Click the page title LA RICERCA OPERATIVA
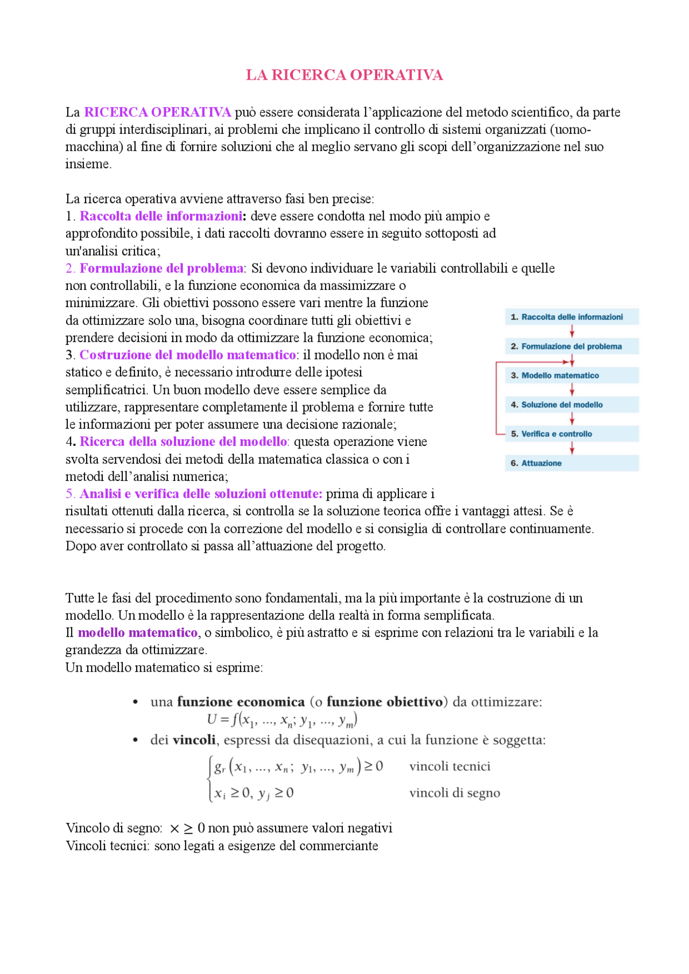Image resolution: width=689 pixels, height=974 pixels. click(344, 75)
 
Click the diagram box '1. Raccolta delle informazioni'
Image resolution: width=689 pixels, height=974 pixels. click(571, 317)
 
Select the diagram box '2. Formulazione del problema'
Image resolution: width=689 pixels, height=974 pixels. click(571, 346)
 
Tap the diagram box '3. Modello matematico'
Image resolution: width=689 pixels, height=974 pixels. click(571, 375)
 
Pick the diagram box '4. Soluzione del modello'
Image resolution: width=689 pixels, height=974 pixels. click(571, 404)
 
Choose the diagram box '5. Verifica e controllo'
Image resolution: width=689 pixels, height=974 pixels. click(571, 433)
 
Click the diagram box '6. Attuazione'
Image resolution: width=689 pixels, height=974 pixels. click(571, 463)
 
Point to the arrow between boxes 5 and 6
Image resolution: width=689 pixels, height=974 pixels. click(572, 448)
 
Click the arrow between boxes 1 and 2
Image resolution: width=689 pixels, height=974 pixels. click(572, 332)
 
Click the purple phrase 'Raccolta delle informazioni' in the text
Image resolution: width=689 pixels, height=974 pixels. click(161, 216)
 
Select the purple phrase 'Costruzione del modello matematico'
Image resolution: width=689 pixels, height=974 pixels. click(188, 355)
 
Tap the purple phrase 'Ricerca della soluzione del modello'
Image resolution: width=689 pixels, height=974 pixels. click(184, 442)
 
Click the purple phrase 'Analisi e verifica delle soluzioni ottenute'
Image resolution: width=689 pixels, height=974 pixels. click(201, 494)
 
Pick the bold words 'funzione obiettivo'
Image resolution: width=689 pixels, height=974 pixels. click(384, 702)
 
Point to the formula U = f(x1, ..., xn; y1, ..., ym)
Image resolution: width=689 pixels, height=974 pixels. click(282, 720)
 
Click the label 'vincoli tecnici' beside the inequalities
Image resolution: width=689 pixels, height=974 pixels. click(449, 766)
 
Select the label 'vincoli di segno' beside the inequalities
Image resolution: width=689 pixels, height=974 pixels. click(454, 793)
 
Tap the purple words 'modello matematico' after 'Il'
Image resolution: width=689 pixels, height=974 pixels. click(138, 632)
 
